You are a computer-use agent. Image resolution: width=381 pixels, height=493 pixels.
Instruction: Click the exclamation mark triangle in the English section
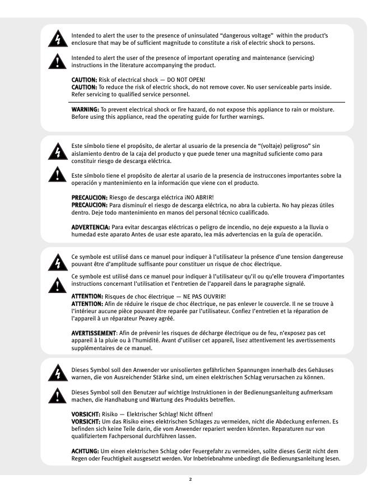pyautogui.click(x=57, y=61)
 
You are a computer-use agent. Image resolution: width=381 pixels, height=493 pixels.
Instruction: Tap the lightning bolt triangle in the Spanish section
pyautogui.click(x=57, y=151)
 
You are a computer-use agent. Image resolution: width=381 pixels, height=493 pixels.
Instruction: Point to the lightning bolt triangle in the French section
pyautogui.click(x=57, y=262)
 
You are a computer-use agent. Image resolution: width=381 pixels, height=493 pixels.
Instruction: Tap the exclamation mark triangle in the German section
pyautogui.click(x=57, y=396)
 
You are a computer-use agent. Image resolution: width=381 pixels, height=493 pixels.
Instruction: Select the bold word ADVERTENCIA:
pyautogui.click(x=91, y=227)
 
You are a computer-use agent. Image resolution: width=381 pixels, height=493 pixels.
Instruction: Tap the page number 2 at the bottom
pyautogui.click(x=190, y=480)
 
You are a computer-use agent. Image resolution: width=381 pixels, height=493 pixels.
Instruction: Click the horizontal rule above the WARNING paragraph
pyautogui.click(x=207, y=103)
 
